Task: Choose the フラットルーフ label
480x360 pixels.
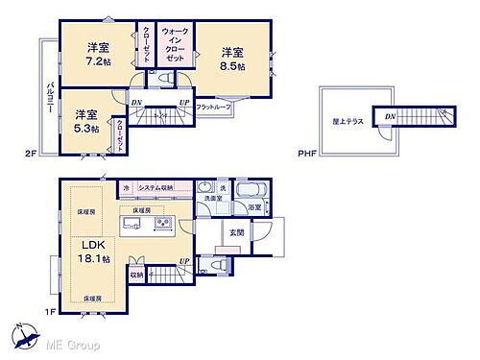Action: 212,108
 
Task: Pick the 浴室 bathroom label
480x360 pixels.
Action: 254,207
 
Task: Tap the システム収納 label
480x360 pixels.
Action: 156,188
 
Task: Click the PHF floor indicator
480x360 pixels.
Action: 306,152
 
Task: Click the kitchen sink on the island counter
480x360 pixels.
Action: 133,225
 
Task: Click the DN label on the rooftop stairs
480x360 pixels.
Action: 390,115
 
